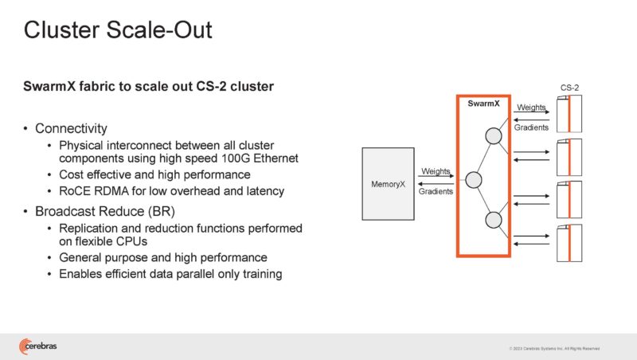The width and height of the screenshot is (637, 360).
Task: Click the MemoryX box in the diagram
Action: [389, 184]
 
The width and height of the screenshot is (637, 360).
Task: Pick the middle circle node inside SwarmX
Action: [474, 180]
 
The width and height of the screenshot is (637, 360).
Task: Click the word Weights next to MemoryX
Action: [436, 171]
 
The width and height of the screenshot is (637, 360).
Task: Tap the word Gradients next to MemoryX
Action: [436, 191]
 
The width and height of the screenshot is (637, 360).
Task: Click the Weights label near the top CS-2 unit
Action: [531, 108]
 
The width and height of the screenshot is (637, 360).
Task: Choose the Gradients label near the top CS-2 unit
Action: [531, 127]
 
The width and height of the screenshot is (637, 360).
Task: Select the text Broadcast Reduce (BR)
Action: [93, 213]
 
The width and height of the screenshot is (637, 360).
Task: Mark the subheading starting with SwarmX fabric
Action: [148, 87]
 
